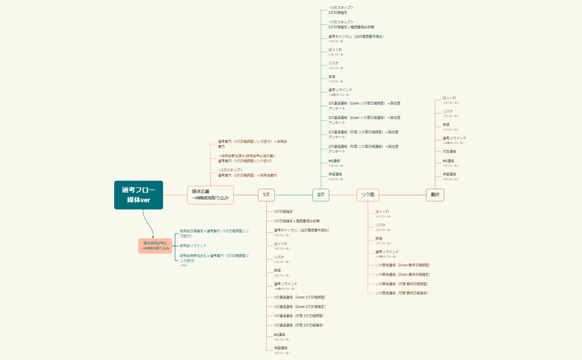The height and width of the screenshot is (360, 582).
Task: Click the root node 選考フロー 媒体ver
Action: (139, 195)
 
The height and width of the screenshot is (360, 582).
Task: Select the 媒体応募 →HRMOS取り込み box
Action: (210, 194)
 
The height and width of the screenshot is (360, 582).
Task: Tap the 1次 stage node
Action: (266, 194)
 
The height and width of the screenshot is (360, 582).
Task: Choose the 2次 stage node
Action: (320, 194)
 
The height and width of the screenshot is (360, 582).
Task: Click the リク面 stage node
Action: (368, 194)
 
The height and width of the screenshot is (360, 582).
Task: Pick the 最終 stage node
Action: (435, 194)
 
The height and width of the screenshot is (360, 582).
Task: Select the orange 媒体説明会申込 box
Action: (155, 245)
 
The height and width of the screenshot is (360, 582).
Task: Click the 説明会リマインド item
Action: (193, 245)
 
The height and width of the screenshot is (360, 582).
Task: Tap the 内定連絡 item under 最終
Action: (450, 151)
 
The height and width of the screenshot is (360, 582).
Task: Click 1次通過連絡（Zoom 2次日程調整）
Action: (299, 297)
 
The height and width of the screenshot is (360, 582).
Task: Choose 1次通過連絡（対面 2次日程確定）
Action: (299, 325)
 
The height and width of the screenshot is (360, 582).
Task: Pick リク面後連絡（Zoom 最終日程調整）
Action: (402, 265)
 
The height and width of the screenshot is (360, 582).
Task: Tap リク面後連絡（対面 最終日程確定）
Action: (402, 292)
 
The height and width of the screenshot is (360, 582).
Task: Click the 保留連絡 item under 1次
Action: (280, 348)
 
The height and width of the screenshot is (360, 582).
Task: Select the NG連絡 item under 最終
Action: (449, 161)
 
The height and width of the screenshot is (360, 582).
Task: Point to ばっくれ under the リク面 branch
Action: (382, 212)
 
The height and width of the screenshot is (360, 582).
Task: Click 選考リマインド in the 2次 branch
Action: (340, 90)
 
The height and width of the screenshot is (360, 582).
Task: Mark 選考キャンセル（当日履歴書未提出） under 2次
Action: (356, 37)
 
